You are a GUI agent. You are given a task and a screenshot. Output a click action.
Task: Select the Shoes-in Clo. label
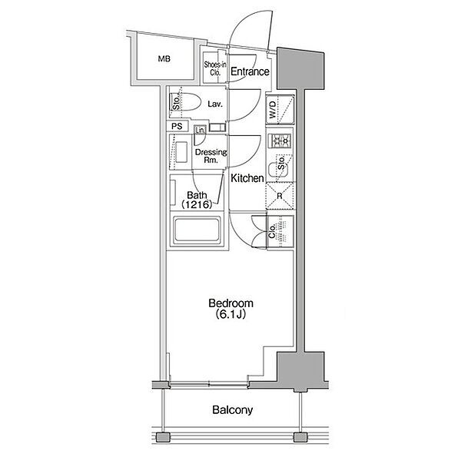[x=215, y=70]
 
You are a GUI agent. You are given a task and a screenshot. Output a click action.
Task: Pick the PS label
[x=177, y=127]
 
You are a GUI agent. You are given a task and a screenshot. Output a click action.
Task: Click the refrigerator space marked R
[x=280, y=196]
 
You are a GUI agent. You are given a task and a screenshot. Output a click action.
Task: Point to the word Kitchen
[x=247, y=178]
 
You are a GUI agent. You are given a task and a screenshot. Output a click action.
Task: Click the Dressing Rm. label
[x=210, y=157]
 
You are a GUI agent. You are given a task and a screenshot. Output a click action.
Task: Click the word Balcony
[x=232, y=410]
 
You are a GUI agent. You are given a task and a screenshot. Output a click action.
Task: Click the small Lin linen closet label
[x=199, y=131]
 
